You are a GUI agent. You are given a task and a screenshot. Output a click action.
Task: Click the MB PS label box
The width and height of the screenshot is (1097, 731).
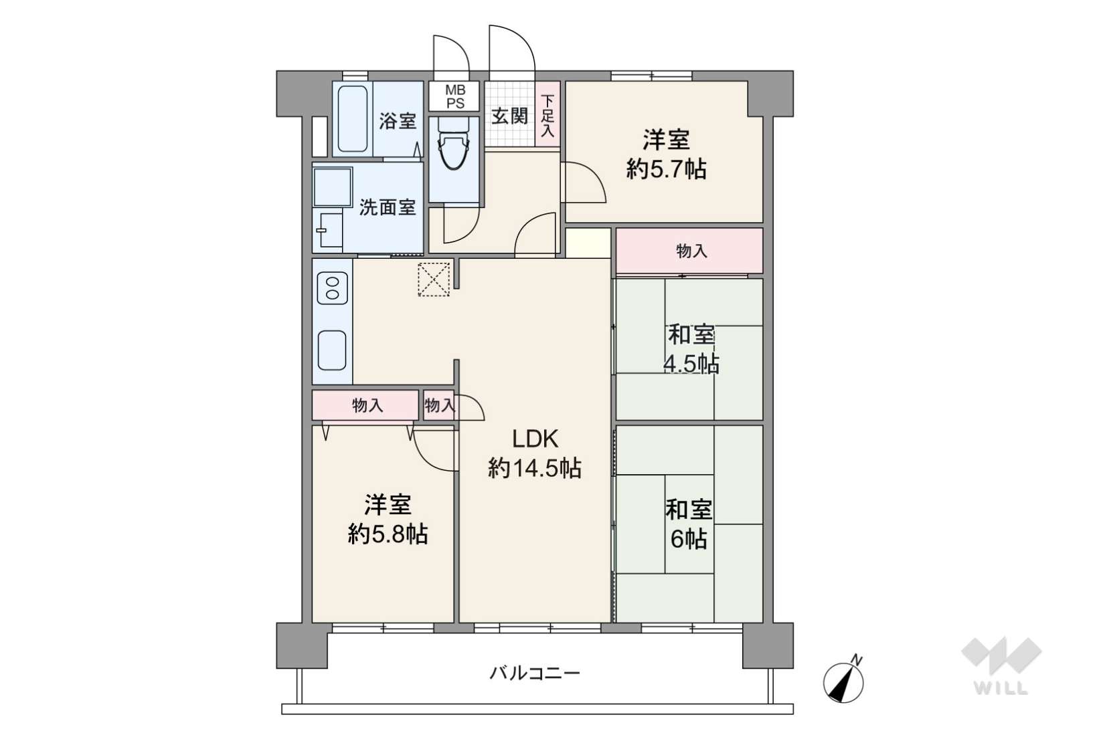click(x=454, y=96)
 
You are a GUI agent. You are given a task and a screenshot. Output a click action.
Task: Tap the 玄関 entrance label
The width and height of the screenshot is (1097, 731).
click(x=509, y=116)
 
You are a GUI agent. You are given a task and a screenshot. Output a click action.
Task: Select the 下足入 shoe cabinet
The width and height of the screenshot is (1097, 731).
click(x=547, y=114)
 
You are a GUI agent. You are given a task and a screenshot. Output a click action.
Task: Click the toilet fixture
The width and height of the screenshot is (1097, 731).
click(x=454, y=144)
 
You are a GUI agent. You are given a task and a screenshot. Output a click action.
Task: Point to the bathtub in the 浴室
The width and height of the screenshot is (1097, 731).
click(x=353, y=119)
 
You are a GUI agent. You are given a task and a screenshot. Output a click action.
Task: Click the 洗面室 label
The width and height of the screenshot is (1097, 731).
click(x=388, y=207)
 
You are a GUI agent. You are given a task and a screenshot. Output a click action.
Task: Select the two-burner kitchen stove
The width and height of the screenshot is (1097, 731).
click(x=333, y=288)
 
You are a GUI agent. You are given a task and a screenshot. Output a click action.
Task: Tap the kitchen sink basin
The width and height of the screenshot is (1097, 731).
click(x=332, y=350)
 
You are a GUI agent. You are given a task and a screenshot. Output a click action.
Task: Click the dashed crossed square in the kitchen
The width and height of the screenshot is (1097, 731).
click(x=434, y=280)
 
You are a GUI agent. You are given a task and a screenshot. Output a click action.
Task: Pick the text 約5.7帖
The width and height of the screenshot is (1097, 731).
click(x=666, y=169)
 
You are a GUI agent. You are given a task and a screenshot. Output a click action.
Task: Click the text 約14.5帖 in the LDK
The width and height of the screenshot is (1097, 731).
click(x=535, y=467)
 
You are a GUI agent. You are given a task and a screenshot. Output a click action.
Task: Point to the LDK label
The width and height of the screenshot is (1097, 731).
click(x=535, y=439)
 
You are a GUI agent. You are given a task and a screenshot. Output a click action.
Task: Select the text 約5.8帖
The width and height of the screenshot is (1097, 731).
click(x=388, y=534)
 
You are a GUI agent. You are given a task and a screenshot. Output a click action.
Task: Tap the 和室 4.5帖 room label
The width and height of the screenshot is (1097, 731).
click(x=691, y=349)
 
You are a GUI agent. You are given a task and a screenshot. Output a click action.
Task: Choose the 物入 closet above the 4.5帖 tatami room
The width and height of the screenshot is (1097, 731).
click(x=689, y=251)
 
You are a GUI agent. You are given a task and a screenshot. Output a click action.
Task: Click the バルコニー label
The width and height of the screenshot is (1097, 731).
click(x=535, y=673)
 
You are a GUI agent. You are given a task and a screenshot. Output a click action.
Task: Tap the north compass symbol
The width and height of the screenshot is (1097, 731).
click(x=843, y=680)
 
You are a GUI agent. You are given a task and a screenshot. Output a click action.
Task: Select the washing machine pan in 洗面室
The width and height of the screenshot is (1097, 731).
click(x=333, y=187)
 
